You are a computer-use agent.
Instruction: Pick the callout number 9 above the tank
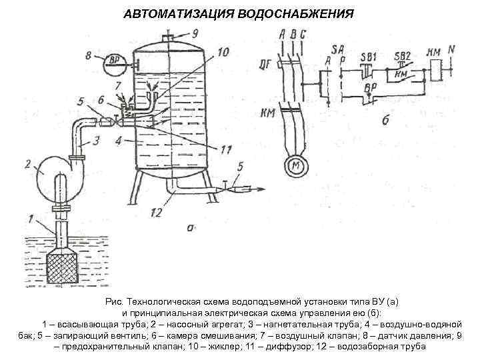[x=195, y=33]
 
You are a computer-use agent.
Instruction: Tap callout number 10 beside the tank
[x=223, y=51]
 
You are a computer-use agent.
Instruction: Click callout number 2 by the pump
[x=28, y=162]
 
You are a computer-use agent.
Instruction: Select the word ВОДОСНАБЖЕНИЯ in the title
[x=299, y=14]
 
